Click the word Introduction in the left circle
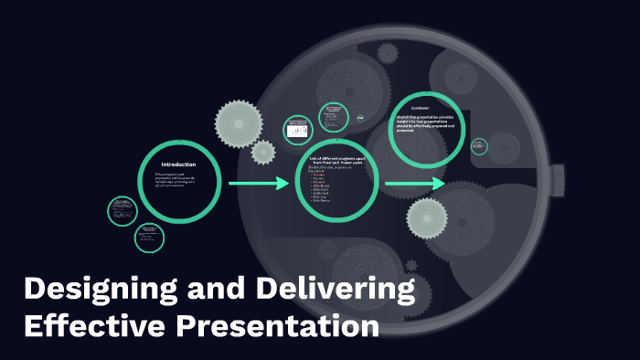pyautogui.click(x=178, y=164)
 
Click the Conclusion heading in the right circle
pyautogui.click(x=421, y=109)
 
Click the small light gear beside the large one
pyautogui.click(x=263, y=152)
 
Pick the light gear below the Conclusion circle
pyautogui.click(x=426, y=217)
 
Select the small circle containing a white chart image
pyautogui.click(x=297, y=130)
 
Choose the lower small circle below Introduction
pyautogui.click(x=148, y=238)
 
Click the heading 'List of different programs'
pyautogui.click(x=336, y=160)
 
